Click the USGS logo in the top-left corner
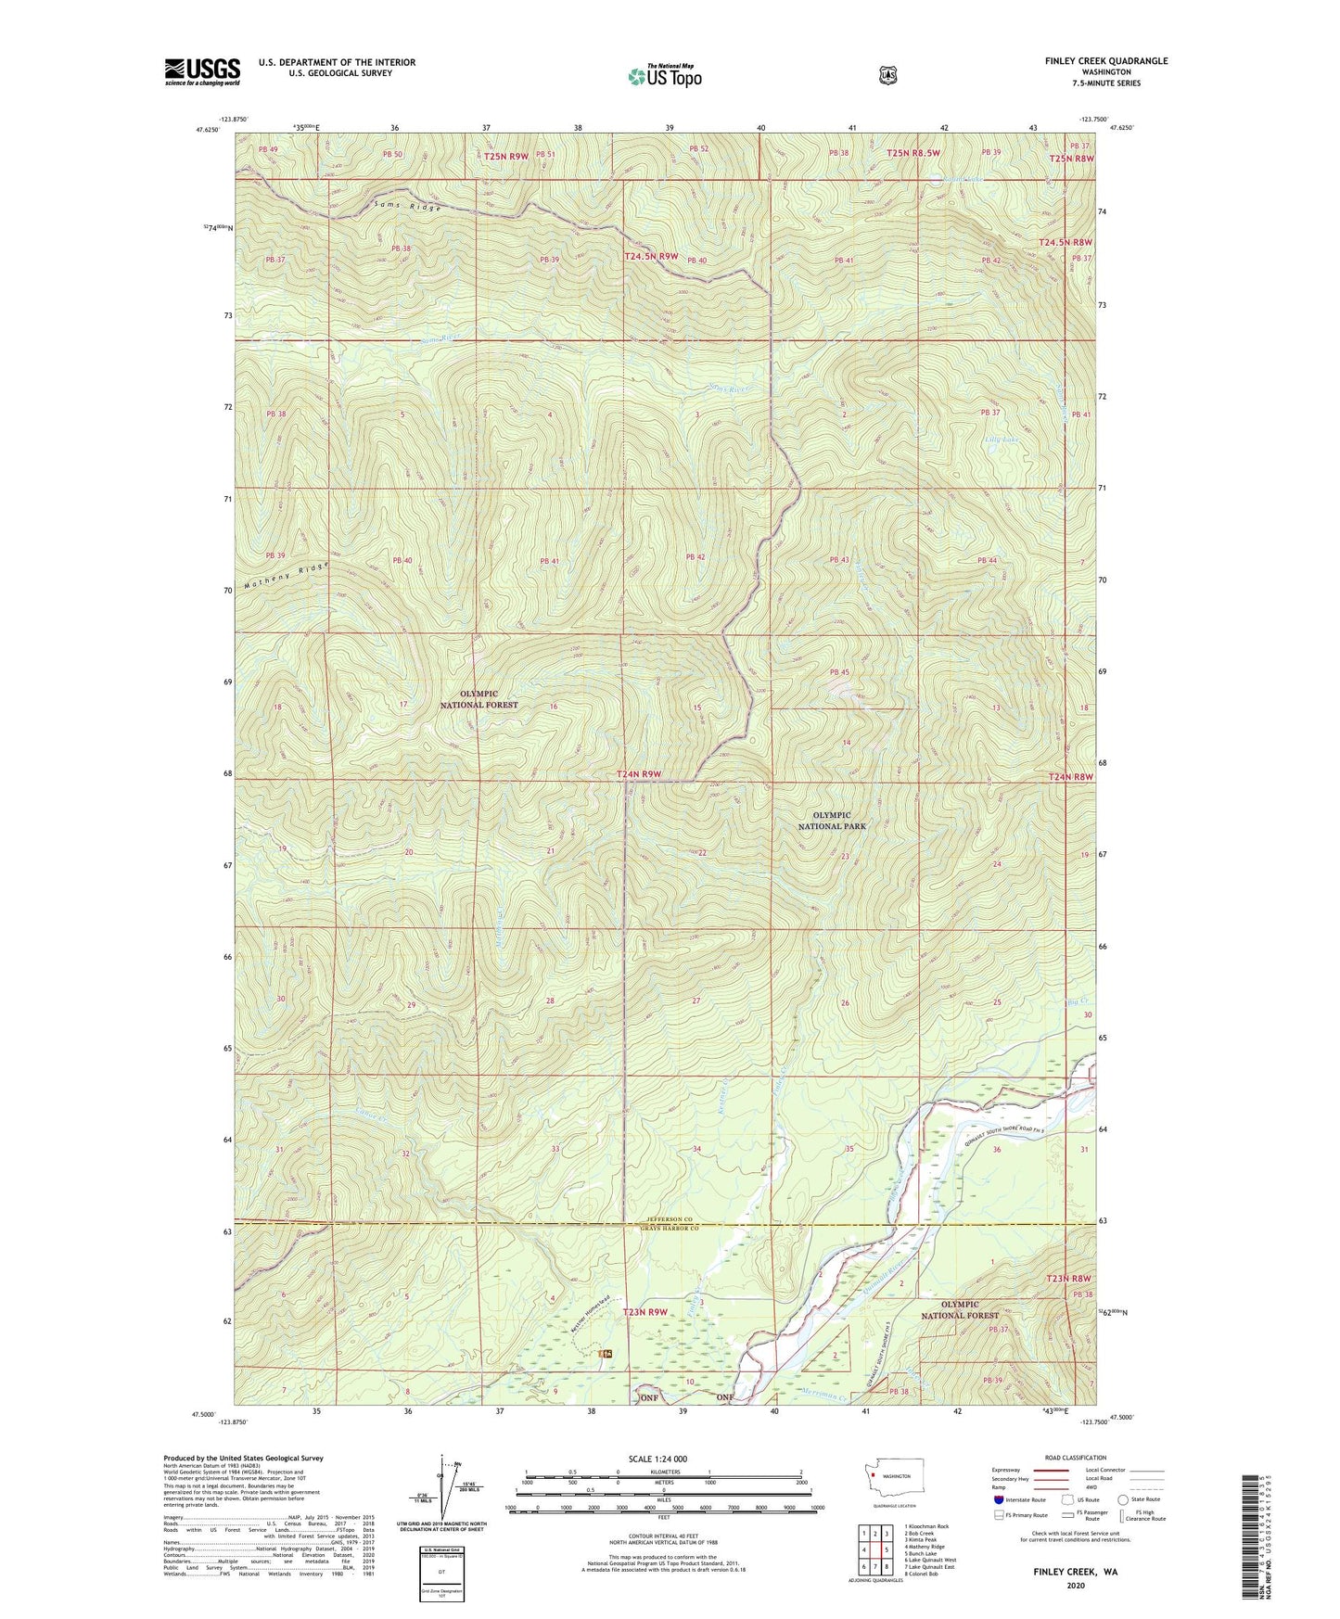tap(202, 71)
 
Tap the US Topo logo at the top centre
tap(663, 76)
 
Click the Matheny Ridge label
tap(287, 577)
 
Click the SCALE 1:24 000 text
tap(657, 1460)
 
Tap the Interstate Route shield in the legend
tap(998, 1498)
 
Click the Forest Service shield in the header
tap(887, 74)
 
